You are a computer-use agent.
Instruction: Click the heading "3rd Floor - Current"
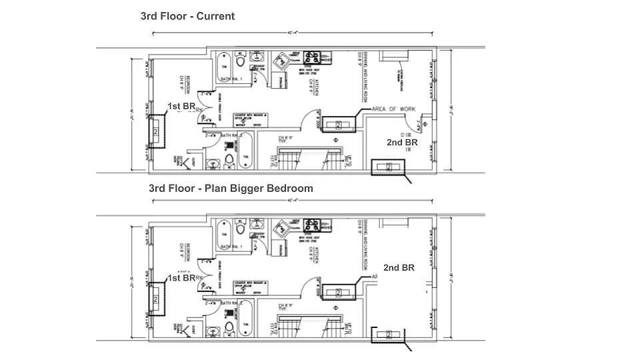click(187, 16)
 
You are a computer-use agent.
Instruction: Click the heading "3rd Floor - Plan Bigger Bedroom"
click(231, 188)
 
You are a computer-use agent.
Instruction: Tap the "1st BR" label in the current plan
click(181, 107)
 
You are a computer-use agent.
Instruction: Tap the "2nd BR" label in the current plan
click(402, 142)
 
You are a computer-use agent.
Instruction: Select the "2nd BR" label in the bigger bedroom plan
click(399, 267)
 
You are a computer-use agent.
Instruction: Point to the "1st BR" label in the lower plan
click(181, 278)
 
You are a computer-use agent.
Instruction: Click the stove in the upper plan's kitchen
click(312, 58)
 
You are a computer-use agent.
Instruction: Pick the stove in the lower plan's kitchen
click(312, 225)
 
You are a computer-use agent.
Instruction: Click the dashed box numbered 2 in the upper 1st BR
click(156, 131)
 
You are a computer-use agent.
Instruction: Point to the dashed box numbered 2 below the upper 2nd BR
click(389, 167)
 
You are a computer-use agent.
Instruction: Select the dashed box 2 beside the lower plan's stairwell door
click(338, 292)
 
